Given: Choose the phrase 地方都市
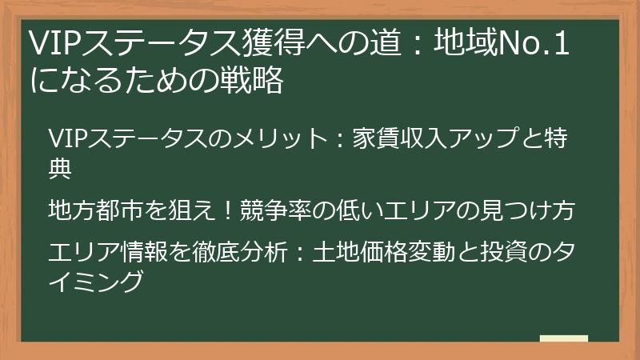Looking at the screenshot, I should tap(97, 210).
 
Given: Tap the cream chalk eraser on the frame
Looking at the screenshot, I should tap(564, 339).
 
